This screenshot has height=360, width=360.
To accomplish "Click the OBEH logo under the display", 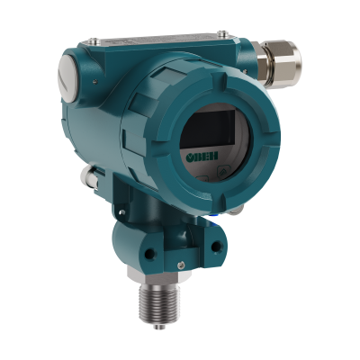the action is coord(202,156).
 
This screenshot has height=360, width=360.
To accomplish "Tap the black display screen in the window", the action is coord(209,129).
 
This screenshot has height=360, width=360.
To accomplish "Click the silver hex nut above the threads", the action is coord(158,274).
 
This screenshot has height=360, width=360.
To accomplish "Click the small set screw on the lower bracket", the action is coord(180,265).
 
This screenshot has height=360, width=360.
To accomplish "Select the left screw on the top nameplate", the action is coord(92,39).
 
